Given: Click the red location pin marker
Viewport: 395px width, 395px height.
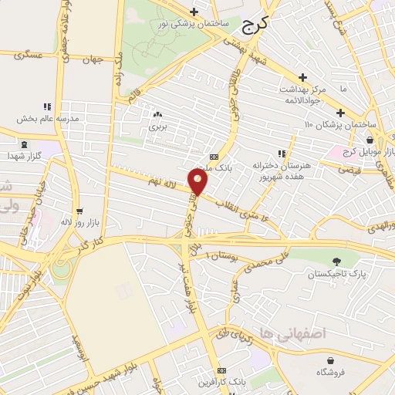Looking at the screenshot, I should (x=198, y=182).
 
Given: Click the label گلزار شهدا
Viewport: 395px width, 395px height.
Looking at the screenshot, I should (x=24, y=157).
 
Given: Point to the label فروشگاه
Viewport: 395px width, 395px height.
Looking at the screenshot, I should (x=330, y=373).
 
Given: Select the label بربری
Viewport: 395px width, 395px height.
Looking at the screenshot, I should (x=158, y=125).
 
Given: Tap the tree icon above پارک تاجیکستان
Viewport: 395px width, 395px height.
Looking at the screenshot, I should (x=335, y=262).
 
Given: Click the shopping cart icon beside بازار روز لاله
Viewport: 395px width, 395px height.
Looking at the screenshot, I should (x=79, y=211).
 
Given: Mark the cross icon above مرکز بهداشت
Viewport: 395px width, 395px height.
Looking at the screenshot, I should (x=304, y=78).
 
